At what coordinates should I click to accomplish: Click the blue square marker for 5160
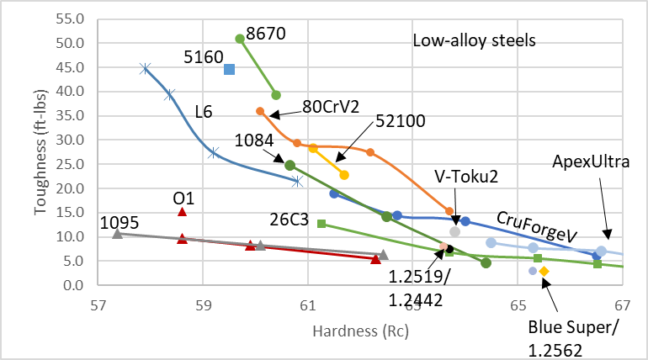pos(229,69)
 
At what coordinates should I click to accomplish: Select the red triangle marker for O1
pos(182,212)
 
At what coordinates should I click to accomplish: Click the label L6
pos(204,110)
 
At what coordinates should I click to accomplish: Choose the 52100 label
pos(401,120)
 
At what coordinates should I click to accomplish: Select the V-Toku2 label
pos(466,176)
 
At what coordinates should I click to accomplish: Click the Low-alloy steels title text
pos(475,40)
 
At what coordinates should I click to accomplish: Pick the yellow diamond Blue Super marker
pos(544,271)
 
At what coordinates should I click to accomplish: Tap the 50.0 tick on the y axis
pos(71,43)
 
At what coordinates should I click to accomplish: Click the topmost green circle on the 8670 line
pos(240,39)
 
